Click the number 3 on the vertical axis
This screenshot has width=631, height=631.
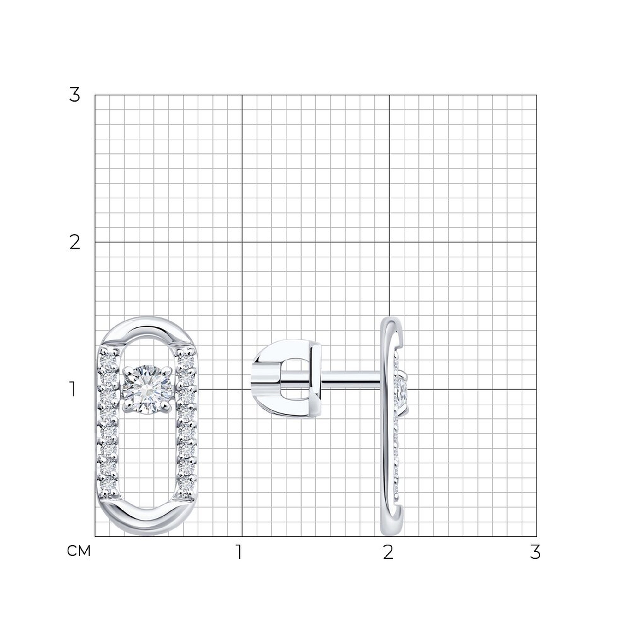pos(74,95)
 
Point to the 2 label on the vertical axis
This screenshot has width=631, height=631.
pos(75,243)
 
